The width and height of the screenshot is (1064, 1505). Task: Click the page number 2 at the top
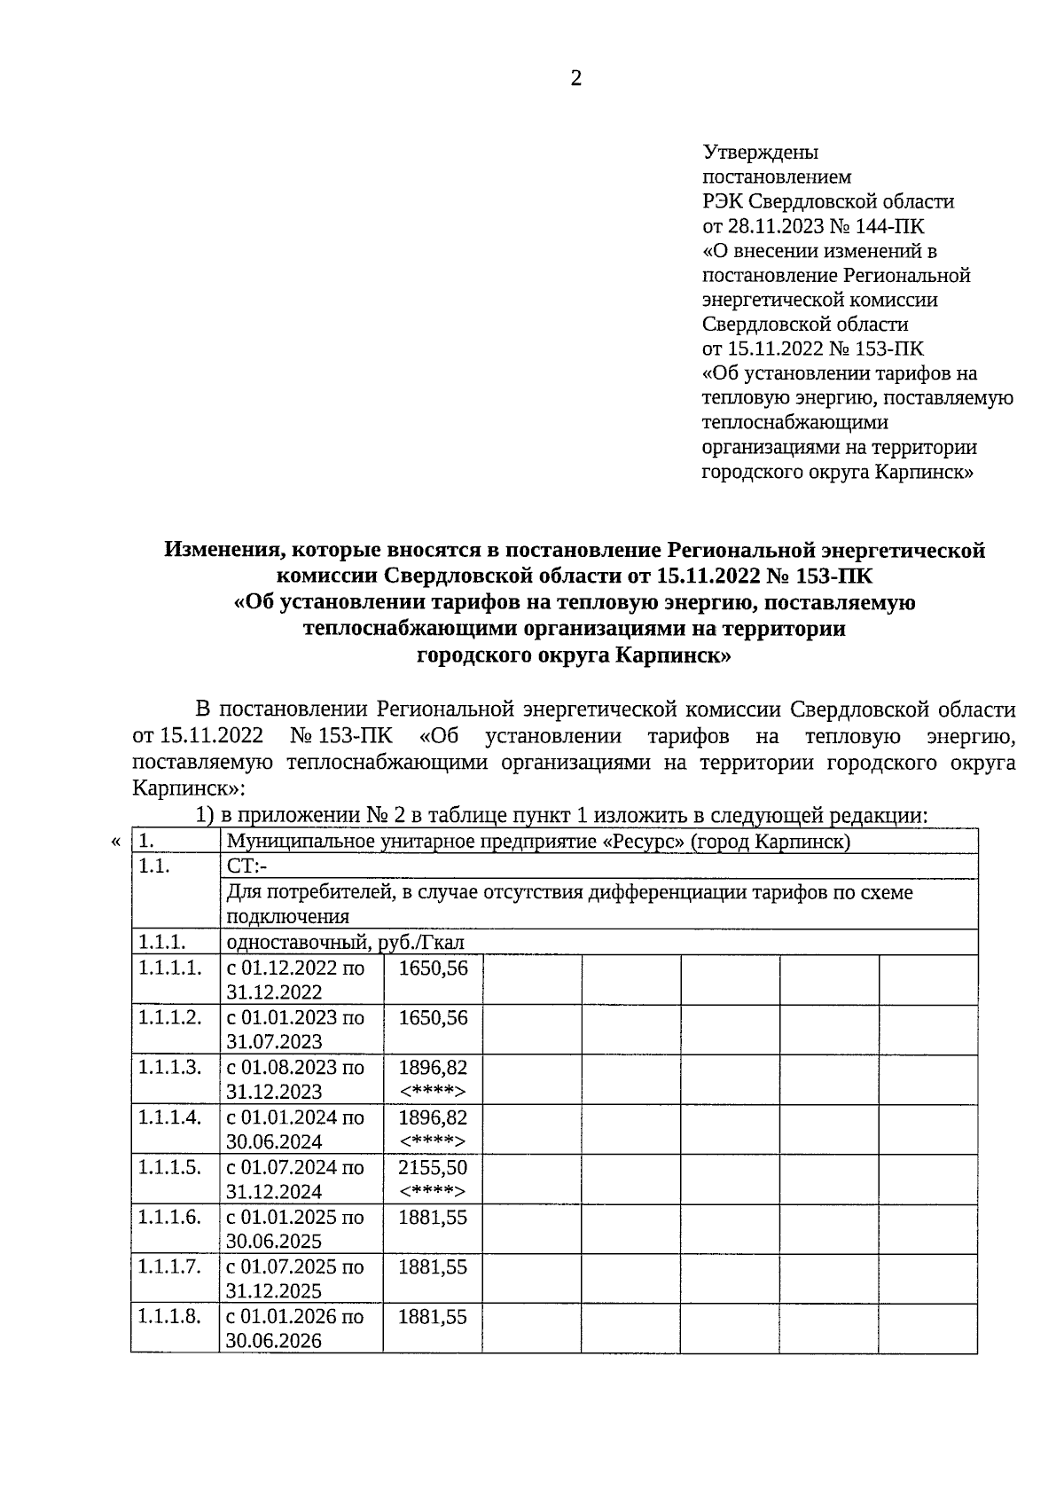click(x=576, y=80)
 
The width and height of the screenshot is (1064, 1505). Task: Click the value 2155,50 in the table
click(x=433, y=1167)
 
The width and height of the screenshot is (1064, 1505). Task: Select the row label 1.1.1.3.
click(x=169, y=1067)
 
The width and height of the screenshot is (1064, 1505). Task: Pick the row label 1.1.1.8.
click(x=169, y=1316)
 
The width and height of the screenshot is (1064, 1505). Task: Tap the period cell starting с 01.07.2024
click(x=295, y=1179)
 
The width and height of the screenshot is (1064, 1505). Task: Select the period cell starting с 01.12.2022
click(x=295, y=979)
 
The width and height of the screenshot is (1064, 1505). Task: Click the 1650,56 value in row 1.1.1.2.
click(x=433, y=1017)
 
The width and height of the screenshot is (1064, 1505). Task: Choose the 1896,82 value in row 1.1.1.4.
click(x=433, y=1117)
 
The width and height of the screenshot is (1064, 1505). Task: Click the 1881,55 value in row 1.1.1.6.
click(x=433, y=1217)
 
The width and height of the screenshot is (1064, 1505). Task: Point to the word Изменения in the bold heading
click(x=218, y=550)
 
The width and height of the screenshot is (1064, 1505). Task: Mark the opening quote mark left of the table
click(x=116, y=841)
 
